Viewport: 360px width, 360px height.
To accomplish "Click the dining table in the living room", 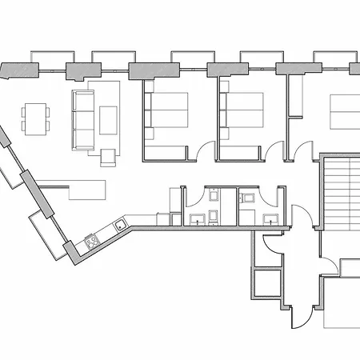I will (34, 119).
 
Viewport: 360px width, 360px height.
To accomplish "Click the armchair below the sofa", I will (108, 156).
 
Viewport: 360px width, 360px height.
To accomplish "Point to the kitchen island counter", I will (87, 190).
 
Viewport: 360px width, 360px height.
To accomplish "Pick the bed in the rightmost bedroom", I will (344, 112).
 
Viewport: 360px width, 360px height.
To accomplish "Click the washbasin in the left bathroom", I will (197, 217).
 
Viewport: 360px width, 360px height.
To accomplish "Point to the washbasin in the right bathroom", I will (270, 218).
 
